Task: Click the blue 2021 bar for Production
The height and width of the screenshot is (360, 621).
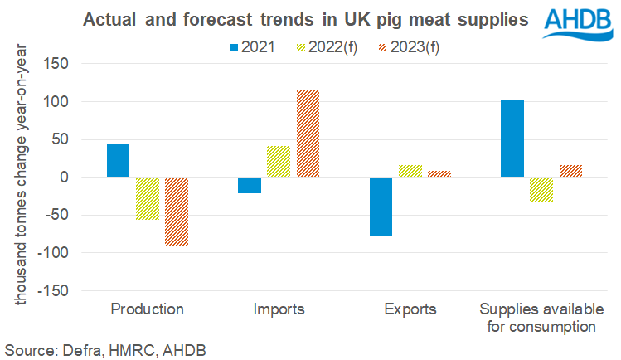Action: pos(118,160)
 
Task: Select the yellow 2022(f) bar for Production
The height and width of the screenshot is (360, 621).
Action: pos(147,198)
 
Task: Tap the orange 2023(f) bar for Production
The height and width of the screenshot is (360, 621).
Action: pos(176,212)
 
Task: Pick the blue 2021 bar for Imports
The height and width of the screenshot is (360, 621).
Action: pos(249,185)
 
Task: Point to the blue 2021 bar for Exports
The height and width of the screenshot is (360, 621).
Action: pos(381,207)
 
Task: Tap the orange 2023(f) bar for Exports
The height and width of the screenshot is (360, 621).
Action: pos(439,174)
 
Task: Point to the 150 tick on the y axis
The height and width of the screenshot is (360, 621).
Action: pos(79,64)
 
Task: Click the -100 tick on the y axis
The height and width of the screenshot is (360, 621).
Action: pos(75,253)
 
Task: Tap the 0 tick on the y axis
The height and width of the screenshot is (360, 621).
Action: pos(85,178)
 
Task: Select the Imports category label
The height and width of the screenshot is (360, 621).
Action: pos(278,310)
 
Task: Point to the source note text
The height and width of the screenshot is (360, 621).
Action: pos(104,349)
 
